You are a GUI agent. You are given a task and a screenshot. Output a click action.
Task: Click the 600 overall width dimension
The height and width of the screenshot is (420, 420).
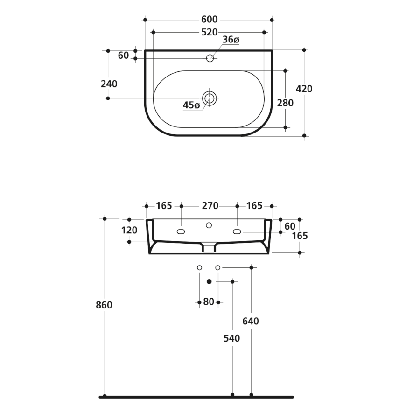point(209,20)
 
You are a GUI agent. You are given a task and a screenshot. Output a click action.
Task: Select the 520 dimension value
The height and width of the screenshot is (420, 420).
point(209,32)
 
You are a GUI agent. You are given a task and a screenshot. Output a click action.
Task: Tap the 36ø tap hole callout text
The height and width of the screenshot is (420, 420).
point(231,40)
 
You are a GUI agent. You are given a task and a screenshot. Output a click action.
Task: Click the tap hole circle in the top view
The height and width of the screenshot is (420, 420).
point(210,58)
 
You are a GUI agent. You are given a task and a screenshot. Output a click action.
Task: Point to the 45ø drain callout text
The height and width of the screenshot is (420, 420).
point(191,105)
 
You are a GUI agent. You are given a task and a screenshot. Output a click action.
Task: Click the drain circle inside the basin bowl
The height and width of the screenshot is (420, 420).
point(209,98)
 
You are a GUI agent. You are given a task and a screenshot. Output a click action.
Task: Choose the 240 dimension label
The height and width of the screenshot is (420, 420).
point(109,84)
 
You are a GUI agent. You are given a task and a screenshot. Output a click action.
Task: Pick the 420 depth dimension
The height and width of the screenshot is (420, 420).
point(304,89)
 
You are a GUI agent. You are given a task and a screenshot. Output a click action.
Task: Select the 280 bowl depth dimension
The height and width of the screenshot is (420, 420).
point(285,103)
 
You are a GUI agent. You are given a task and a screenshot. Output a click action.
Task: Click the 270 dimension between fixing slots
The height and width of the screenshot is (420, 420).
point(210,206)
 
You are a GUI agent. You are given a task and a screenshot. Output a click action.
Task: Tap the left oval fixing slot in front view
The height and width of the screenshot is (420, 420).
point(181,231)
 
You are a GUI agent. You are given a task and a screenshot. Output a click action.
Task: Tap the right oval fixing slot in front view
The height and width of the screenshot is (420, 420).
point(237,231)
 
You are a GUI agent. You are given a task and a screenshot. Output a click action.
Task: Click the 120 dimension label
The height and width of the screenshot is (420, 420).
point(129,230)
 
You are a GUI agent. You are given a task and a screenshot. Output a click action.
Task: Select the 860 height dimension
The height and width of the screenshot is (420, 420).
point(104,305)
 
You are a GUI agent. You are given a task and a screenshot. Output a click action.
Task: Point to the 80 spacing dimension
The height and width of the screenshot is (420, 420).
point(209,302)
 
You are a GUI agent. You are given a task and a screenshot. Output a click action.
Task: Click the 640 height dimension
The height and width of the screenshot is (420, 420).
point(251,321)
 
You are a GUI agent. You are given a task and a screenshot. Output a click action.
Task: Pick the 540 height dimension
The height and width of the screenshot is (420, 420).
point(231,338)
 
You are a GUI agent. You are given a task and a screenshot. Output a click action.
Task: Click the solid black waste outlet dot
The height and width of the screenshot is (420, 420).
point(209,281)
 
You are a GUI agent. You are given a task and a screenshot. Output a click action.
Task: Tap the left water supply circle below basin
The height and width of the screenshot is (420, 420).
point(199,267)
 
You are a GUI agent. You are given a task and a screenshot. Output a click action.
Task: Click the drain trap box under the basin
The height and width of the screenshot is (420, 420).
point(209,247)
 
